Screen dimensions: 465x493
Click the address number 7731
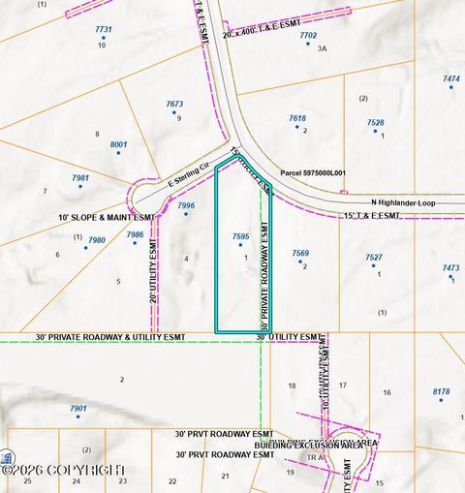pyautogui.click(x=104, y=30)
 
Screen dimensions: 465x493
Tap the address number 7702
pyautogui.click(x=308, y=35)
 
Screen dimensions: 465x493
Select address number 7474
pyautogui.click(x=451, y=78)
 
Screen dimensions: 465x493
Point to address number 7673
pyautogui.click(x=174, y=104)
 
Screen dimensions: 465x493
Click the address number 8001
pyautogui.click(x=119, y=144)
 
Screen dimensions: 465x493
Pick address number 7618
pyautogui.click(x=297, y=118)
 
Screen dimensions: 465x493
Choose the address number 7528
pyautogui.click(x=376, y=123)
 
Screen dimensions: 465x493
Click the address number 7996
pyautogui.click(x=187, y=205)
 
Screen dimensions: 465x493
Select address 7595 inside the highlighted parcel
pyautogui.click(x=241, y=236)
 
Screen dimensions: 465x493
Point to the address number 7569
pyautogui.click(x=300, y=253)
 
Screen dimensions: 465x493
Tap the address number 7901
pyautogui.click(x=78, y=409)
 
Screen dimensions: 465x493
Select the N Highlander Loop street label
pyautogui.click(x=404, y=201)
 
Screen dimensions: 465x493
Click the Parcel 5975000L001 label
pyautogui.click(x=313, y=173)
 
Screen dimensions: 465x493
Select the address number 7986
pyautogui.click(x=135, y=234)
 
